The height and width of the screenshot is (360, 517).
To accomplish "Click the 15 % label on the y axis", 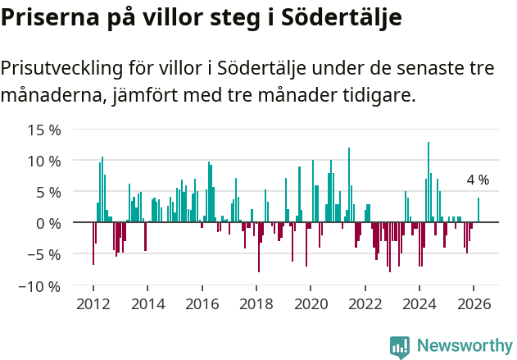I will pos(44,130).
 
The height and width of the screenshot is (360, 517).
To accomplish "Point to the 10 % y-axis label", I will pos(44,161).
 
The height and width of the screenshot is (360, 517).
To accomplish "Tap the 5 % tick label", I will pos(49,192).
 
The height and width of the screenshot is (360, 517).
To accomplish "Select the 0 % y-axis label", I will pos(49,223).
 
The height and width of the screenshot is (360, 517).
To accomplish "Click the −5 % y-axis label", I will pos(43,254).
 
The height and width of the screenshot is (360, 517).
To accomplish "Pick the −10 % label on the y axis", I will pos(39,286).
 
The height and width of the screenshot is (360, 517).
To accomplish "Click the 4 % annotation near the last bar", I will pos(478,180).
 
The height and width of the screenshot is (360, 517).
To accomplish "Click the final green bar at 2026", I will pos(478,210).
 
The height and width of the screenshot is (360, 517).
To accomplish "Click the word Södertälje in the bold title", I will pos(340,17).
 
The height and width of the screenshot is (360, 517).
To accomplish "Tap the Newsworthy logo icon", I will pos(400,347).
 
